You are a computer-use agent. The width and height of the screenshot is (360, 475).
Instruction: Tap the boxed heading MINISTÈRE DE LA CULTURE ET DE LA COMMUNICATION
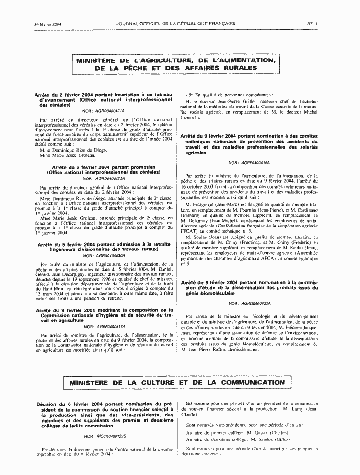(177, 383)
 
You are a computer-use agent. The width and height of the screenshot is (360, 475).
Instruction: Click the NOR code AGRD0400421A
(110, 110)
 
